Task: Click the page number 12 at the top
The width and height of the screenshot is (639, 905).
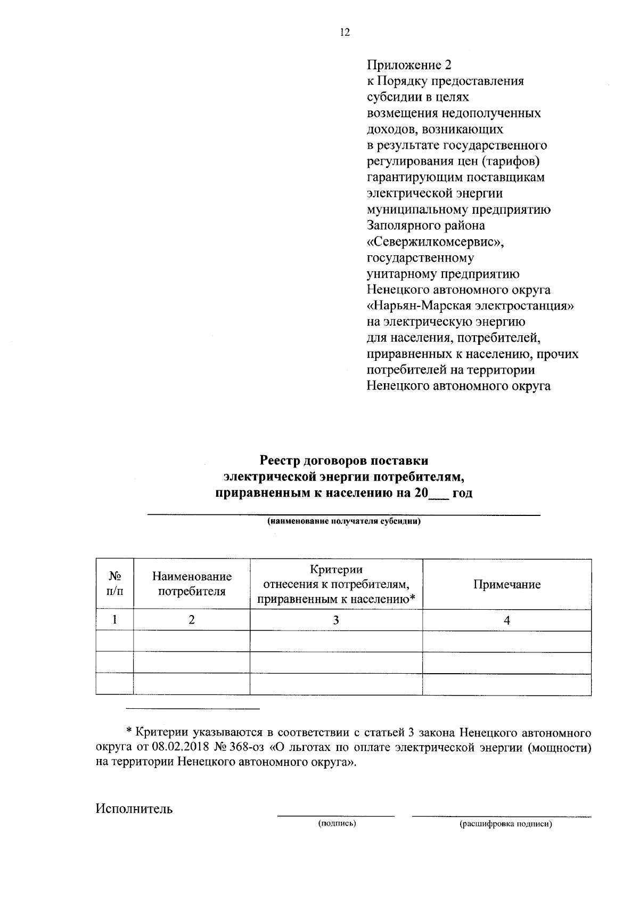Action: [345, 33]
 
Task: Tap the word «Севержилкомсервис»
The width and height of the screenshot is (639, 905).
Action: [436, 242]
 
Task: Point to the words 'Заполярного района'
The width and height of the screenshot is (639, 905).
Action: [426, 226]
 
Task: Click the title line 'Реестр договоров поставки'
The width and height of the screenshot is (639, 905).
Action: [343, 460]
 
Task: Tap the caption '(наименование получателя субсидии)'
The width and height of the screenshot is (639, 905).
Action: [343, 522]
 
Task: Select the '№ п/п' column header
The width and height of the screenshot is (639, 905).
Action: [114, 585]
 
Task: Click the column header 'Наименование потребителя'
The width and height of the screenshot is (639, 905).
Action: [192, 584]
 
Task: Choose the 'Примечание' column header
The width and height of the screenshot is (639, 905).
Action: [507, 585]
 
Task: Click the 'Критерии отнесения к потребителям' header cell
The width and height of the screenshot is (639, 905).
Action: [336, 585]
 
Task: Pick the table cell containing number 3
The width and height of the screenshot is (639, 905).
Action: [336, 620]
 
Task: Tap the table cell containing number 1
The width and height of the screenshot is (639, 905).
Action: [114, 620]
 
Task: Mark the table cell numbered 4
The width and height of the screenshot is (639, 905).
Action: [507, 620]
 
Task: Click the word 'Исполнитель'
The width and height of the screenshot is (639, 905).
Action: [134, 809]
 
